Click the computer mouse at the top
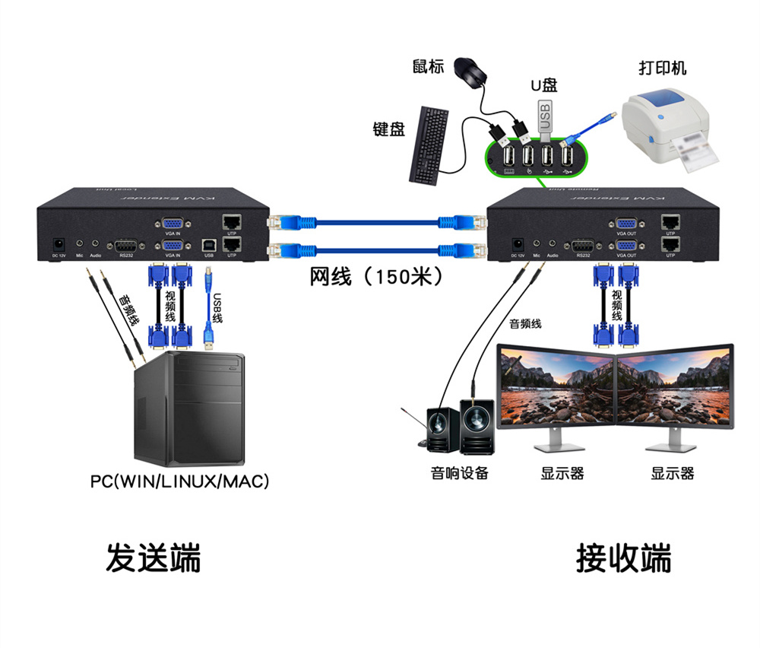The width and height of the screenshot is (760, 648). coord(470,71)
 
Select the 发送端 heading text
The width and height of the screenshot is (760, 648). coord(153,558)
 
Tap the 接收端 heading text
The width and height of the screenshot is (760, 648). coord(623,558)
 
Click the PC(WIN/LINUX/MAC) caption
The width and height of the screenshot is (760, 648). coord(180,481)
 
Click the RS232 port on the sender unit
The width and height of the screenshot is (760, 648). coord(126,246)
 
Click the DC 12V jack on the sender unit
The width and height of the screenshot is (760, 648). coord(55,245)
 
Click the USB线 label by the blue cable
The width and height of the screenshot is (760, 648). coord(217,308)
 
